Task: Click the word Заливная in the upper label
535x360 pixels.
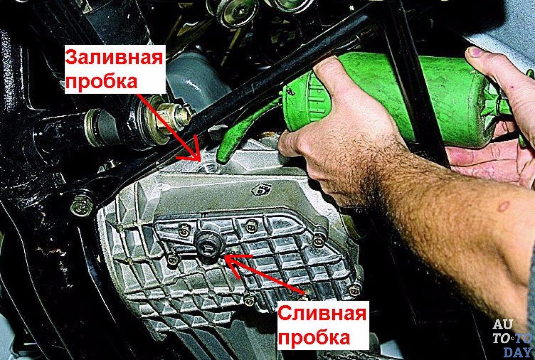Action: pyautogui.click(x=114, y=58)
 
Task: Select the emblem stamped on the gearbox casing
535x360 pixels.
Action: pyautogui.click(x=262, y=189)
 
